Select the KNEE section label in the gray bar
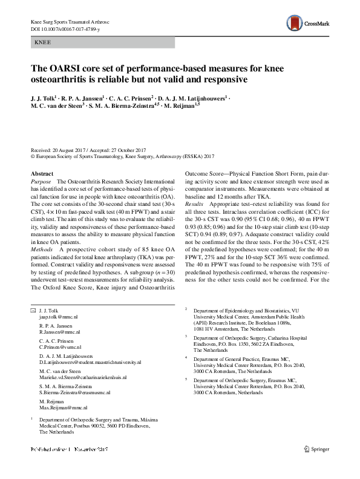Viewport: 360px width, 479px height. point(43,44)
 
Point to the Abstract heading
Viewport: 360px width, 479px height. point(41,173)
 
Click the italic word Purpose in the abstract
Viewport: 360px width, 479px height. point(41,182)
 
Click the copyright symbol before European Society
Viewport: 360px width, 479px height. point(33,156)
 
